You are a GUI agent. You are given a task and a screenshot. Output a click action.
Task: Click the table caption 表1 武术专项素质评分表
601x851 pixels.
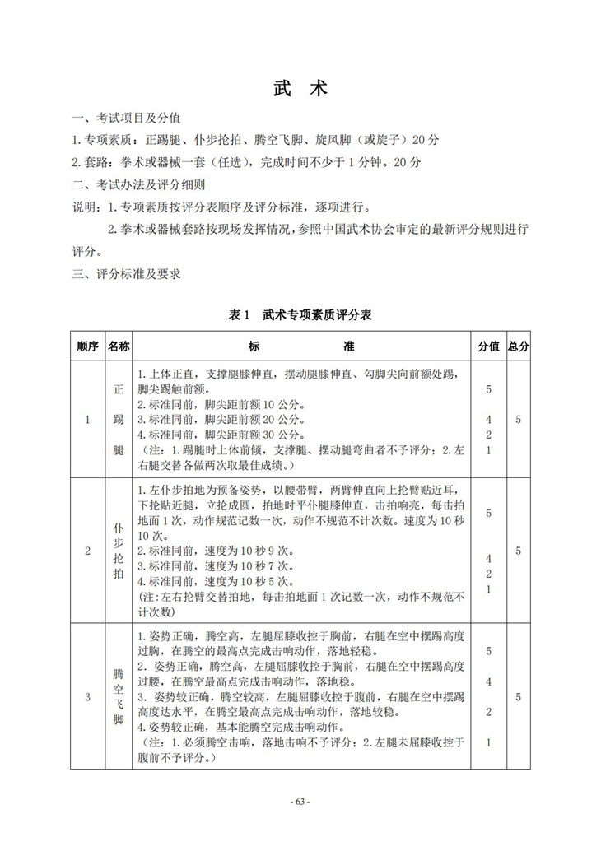300,314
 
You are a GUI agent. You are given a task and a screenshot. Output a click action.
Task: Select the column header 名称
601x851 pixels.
119,346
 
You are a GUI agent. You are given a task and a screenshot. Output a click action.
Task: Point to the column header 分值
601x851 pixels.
488,346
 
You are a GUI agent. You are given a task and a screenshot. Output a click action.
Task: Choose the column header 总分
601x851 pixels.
519,346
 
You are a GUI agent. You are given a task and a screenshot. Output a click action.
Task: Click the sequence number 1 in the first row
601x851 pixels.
87,420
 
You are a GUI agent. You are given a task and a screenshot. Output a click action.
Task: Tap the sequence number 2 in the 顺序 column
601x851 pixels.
87,551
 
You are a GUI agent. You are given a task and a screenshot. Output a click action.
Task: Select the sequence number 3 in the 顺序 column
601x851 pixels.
87,697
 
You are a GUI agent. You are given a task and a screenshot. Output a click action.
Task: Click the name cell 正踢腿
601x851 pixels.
119,420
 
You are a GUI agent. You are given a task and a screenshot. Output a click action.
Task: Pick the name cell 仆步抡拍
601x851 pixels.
119,551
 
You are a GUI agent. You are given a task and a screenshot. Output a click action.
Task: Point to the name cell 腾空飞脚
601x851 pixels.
119,697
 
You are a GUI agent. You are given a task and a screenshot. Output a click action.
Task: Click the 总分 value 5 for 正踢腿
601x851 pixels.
518,420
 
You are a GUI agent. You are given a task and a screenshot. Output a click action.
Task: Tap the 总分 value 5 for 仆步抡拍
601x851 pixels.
518,551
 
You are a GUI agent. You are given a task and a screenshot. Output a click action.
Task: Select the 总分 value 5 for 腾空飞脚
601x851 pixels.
518,697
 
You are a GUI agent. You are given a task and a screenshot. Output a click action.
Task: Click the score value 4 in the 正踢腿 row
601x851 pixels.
488,419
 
